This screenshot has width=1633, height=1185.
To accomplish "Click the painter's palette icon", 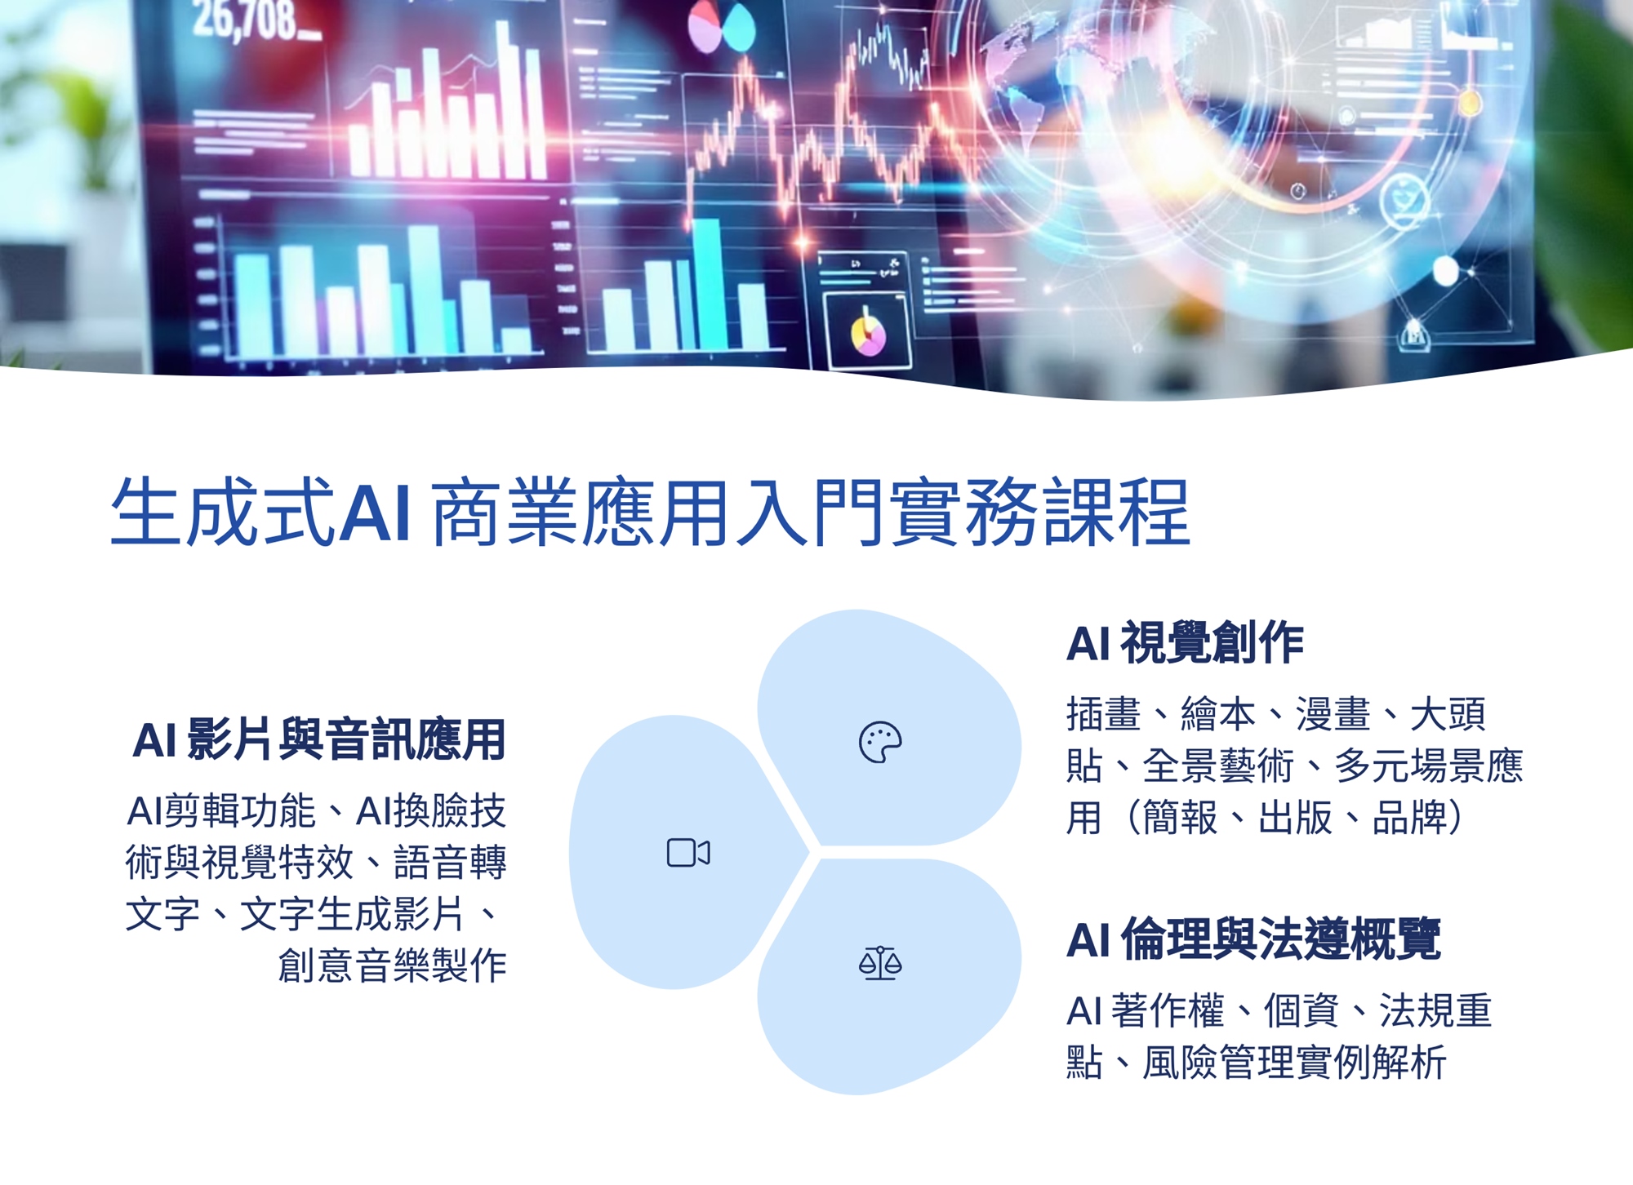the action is tap(880, 743).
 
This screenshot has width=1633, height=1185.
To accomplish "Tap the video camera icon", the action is tap(688, 853).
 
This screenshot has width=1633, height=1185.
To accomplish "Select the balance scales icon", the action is tap(880, 963).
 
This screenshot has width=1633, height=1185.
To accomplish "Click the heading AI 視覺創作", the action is tap(1185, 642).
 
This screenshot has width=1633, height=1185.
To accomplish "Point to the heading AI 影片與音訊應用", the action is tap(319, 739).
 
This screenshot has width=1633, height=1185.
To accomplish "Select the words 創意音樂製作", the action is tap(393, 965).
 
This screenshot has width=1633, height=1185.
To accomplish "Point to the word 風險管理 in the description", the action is tap(1217, 1063).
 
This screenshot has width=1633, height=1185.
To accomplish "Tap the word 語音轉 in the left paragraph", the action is tap(450, 863).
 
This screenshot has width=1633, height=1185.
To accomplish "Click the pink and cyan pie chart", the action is tap(721, 26).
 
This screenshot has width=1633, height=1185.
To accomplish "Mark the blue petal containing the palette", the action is tap(888, 726).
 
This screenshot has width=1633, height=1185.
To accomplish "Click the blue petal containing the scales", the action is tap(888, 976).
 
